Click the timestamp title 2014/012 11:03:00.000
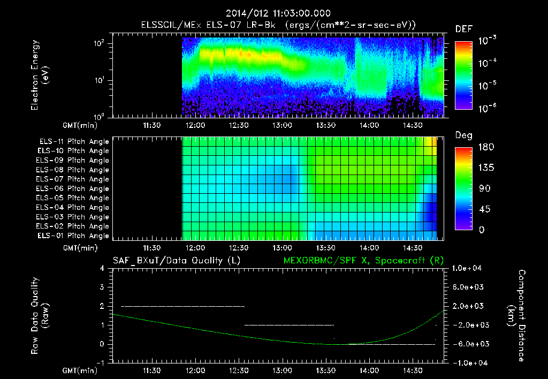[278, 13]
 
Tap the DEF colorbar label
[463, 29]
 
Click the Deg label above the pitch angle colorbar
[463, 135]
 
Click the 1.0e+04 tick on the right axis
[469, 268]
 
